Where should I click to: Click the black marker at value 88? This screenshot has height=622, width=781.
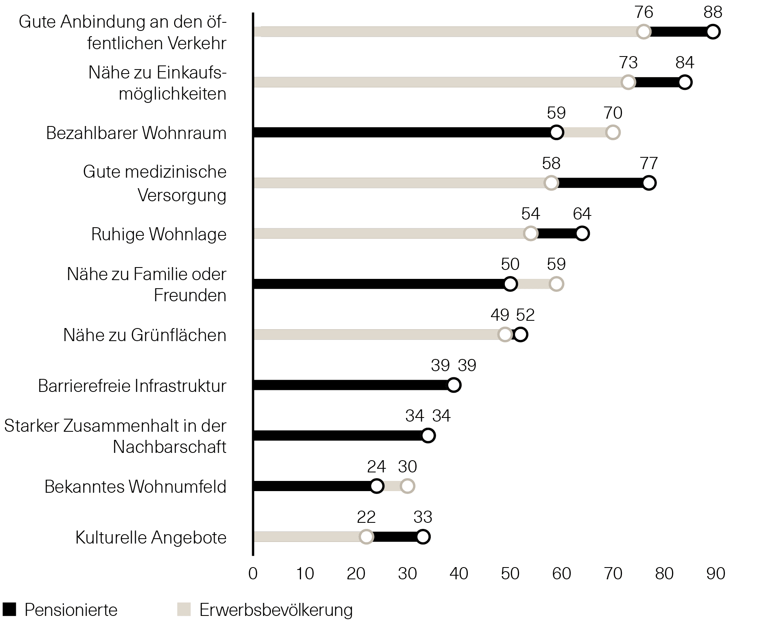(x=713, y=32)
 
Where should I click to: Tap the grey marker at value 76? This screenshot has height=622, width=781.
(x=644, y=32)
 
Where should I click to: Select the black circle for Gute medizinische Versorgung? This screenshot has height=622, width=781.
(x=649, y=183)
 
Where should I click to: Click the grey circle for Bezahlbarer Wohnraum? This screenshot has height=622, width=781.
(x=613, y=133)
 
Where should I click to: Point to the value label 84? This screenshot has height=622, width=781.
(x=685, y=63)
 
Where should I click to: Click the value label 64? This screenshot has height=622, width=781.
(x=582, y=214)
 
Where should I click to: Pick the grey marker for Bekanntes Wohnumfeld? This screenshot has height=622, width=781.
(x=407, y=486)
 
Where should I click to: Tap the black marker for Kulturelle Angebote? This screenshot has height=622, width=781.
(x=423, y=537)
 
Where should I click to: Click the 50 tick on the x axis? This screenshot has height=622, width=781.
(x=510, y=574)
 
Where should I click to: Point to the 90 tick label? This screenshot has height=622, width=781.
(x=716, y=574)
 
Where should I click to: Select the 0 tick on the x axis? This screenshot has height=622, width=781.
(x=253, y=574)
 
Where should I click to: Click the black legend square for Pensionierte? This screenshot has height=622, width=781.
(x=9, y=609)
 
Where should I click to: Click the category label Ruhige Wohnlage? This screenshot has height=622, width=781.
(x=159, y=234)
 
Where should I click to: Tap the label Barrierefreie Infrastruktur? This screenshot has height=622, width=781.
(x=132, y=386)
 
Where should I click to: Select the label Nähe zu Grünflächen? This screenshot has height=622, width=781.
(x=145, y=335)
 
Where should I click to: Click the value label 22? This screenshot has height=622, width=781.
(x=366, y=517)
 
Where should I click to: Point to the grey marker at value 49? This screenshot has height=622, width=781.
(x=505, y=335)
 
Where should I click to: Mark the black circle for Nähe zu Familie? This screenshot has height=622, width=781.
(x=510, y=284)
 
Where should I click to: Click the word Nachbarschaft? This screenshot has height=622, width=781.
(x=169, y=447)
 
